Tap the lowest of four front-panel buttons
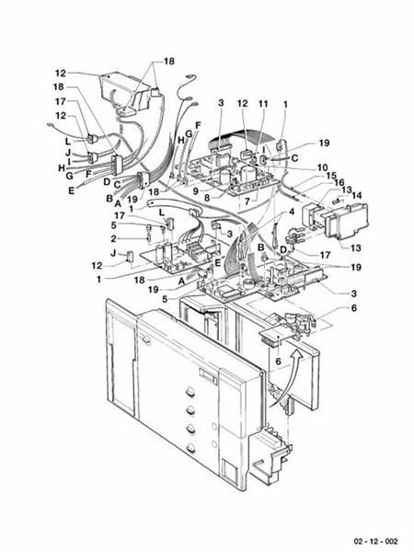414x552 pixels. [191, 449]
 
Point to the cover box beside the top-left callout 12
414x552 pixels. [120, 88]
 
